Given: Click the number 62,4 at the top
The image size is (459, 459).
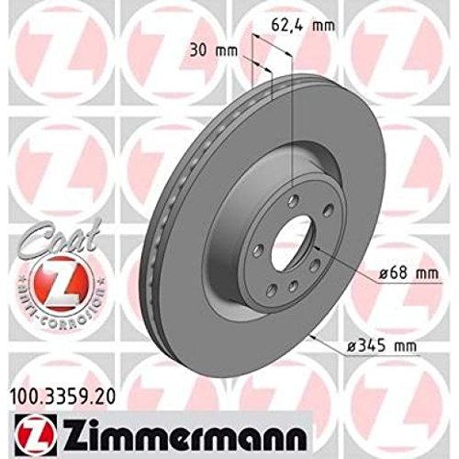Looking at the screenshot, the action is (x=287, y=26).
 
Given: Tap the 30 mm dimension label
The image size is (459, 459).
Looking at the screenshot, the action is (x=213, y=50).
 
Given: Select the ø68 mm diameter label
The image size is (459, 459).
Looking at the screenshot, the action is (x=408, y=273).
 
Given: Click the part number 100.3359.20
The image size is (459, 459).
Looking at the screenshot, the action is (x=63, y=397).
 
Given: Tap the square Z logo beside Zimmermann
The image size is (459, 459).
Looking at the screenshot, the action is (x=35, y=434).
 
